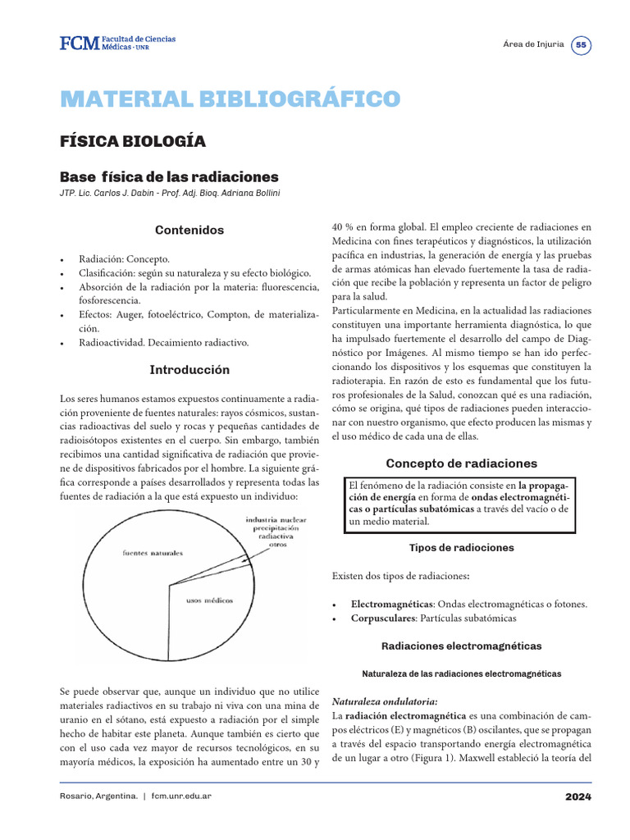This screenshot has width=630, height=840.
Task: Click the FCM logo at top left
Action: click(x=116, y=43)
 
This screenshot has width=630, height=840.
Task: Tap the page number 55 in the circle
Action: click(x=581, y=45)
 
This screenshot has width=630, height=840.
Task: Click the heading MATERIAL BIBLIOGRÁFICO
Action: click(x=230, y=99)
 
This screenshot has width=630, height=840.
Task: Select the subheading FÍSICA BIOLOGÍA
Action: click(x=132, y=141)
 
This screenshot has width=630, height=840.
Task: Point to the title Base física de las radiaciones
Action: click(x=169, y=177)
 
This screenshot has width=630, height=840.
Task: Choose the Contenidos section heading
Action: click(x=189, y=231)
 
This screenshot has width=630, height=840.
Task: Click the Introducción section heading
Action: click(x=189, y=370)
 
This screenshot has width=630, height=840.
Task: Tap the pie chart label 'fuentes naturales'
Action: click(x=153, y=554)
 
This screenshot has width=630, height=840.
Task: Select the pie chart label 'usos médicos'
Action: click(x=209, y=600)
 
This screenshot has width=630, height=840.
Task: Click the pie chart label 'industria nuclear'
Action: click(x=276, y=520)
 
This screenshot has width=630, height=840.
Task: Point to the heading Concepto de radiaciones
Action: click(x=462, y=463)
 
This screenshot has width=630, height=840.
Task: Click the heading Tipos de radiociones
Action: click(x=462, y=547)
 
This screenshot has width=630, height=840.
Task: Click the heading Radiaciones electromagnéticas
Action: click(x=462, y=646)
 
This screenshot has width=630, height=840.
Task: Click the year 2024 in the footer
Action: click(x=577, y=797)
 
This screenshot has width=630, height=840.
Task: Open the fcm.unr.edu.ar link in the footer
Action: click(x=181, y=797)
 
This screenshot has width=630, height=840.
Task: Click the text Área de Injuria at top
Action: click(x=532, y=45)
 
